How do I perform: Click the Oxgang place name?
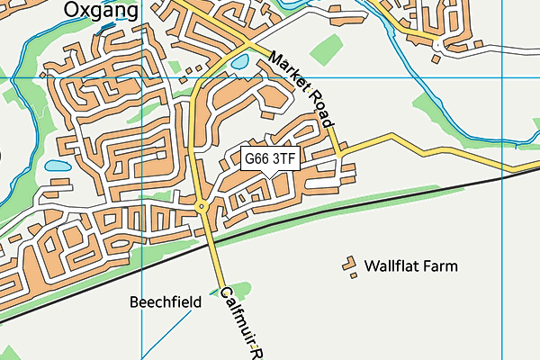coord(101,10)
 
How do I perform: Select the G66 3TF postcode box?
coord(271,158)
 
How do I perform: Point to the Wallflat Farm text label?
coord(410,266)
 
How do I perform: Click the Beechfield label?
coord(165,302)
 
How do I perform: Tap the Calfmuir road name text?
coord(241,319)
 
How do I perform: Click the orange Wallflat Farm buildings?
coord(348,266)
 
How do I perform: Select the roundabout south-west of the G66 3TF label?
coord(202,207)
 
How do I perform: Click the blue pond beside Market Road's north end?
coord(239,63)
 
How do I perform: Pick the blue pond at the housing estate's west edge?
coord(56,166)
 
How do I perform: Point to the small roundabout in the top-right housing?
coord(437,44)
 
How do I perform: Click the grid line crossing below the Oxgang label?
coord(142,78)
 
